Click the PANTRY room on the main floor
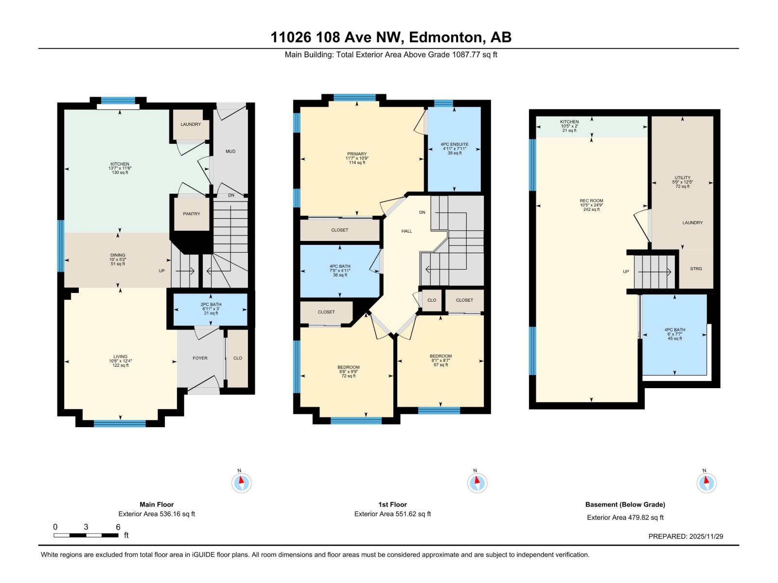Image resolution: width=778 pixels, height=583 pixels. point(192,214)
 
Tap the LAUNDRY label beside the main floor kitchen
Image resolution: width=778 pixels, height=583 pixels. point(191,124)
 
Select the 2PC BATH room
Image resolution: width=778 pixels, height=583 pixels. point(211,309)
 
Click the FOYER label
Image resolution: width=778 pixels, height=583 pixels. point(200,358)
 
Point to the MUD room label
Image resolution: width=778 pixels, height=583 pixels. point(230,152)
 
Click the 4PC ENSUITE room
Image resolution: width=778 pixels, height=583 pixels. point(454,148)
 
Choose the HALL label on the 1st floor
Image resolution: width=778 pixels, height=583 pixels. point(407,231)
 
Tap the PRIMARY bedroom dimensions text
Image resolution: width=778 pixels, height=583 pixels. point(357,158)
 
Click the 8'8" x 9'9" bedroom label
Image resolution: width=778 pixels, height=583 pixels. point(349,371)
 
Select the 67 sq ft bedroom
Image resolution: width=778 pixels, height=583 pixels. point(441,360)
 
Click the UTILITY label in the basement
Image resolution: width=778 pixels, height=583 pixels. point(682,178)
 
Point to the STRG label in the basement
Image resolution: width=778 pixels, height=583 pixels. point(696,269)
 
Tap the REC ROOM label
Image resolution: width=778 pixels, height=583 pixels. point(591,201)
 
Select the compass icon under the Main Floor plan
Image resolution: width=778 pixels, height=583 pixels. point(241,483)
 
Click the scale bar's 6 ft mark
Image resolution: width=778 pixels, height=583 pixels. point(118,527)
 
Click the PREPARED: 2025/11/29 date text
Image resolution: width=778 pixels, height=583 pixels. point(686,536)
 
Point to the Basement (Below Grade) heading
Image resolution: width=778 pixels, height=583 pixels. point(625,505)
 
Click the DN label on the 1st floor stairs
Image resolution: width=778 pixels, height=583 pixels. point(422,212)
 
